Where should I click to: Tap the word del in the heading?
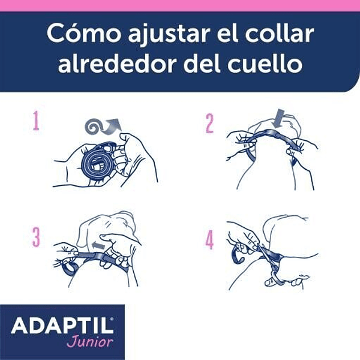pyautogui.click(x=202, y=64)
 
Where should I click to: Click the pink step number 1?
pyautogui.click(x=36, y=121)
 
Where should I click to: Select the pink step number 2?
pyautogui.click(x=209, y=124)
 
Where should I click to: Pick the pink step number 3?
pyautogui.click(x=36, y=238)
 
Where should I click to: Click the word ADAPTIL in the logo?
pyautogui.click(x=62, y=326)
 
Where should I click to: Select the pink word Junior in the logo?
pyautogui.click(x=89, y=342)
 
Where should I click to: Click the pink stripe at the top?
pyautogui.click(x=180, y=5)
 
